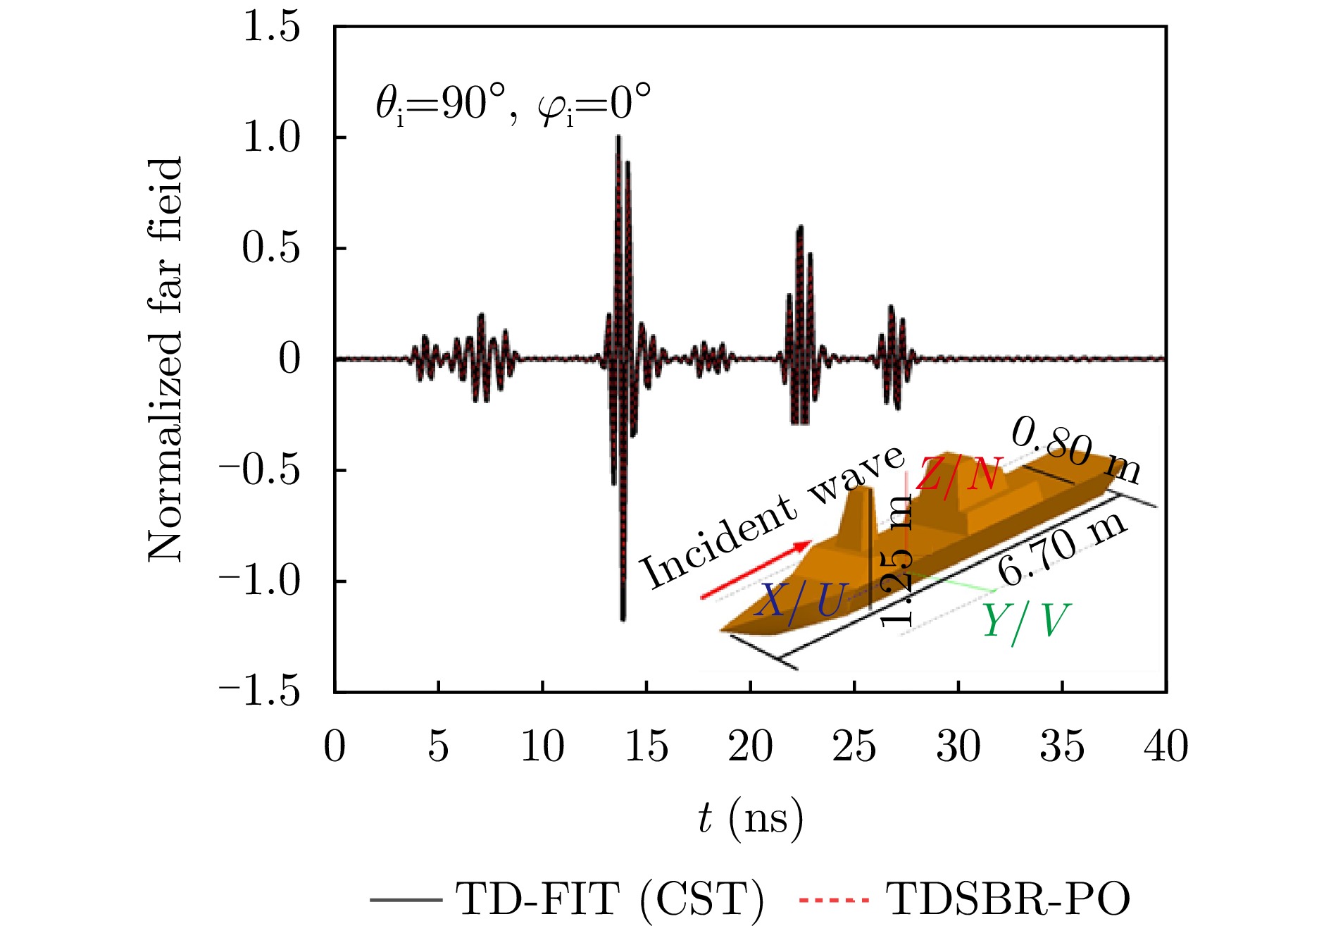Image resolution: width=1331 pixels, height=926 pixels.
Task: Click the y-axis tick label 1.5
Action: (x=271, y=28)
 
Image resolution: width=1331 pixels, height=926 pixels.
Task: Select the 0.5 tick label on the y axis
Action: (x=271, y=249)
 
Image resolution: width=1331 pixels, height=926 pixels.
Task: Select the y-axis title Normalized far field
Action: (x=166, y=359)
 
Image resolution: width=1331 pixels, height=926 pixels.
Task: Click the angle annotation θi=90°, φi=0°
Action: (x=513, y=106)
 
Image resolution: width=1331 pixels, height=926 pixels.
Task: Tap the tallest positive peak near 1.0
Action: (x=618, y=137)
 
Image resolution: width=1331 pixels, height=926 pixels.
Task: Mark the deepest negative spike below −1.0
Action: (x=623, y=619)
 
